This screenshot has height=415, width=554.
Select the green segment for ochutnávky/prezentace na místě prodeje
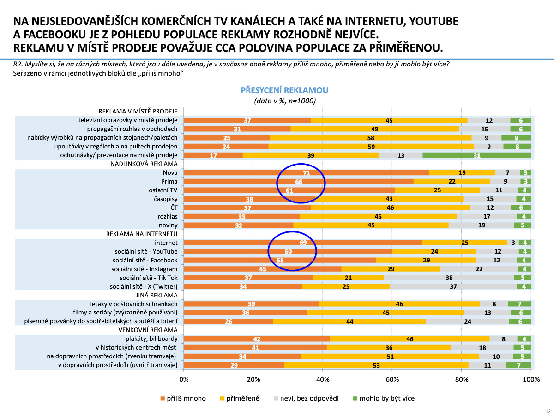tap(476, 155)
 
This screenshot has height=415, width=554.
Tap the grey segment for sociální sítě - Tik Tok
tap(449, 278)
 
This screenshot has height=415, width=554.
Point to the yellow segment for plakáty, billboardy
tap(409, 339)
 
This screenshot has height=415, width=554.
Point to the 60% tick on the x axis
tap(392, 379)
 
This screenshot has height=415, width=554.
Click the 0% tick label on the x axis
tap(184, 379)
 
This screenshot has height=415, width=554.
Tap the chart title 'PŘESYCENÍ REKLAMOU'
tap(284, 90)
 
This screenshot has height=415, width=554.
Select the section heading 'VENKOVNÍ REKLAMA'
tap(148, 330)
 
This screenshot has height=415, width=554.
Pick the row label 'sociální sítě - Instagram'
tap(145, 269)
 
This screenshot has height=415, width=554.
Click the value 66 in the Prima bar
tap(299, 182)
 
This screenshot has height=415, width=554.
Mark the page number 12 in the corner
tap(548, 411)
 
